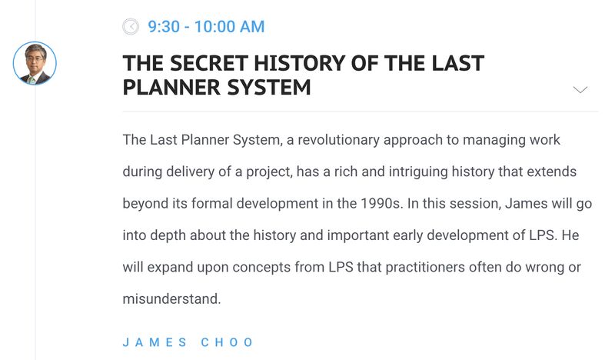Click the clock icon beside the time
tap(131, 27)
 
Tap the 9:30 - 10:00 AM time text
tap(206, 27)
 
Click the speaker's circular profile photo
tap(35, 63)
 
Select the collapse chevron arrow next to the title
tap(580, 90)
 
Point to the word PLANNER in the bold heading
tap(171, 87)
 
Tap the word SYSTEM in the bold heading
tap(269, 87)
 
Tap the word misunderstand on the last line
tap(171, 298)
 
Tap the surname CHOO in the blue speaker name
tap(227, 342)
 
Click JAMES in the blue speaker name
tap(155, 342)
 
